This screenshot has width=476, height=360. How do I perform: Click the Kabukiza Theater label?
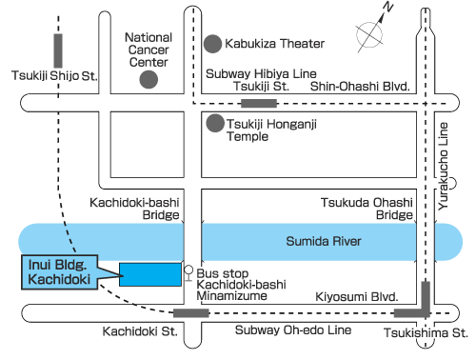[x=275, y=43]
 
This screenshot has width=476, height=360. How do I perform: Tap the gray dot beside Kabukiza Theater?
[x=212, y=43]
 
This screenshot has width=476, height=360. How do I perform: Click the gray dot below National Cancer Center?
[x=148, y=80]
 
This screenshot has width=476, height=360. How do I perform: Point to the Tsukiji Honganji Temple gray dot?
[x=215, y=123]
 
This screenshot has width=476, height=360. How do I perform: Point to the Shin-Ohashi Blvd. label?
[x=360, y=87]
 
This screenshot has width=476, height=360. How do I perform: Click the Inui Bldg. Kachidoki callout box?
[x=57, y=270]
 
